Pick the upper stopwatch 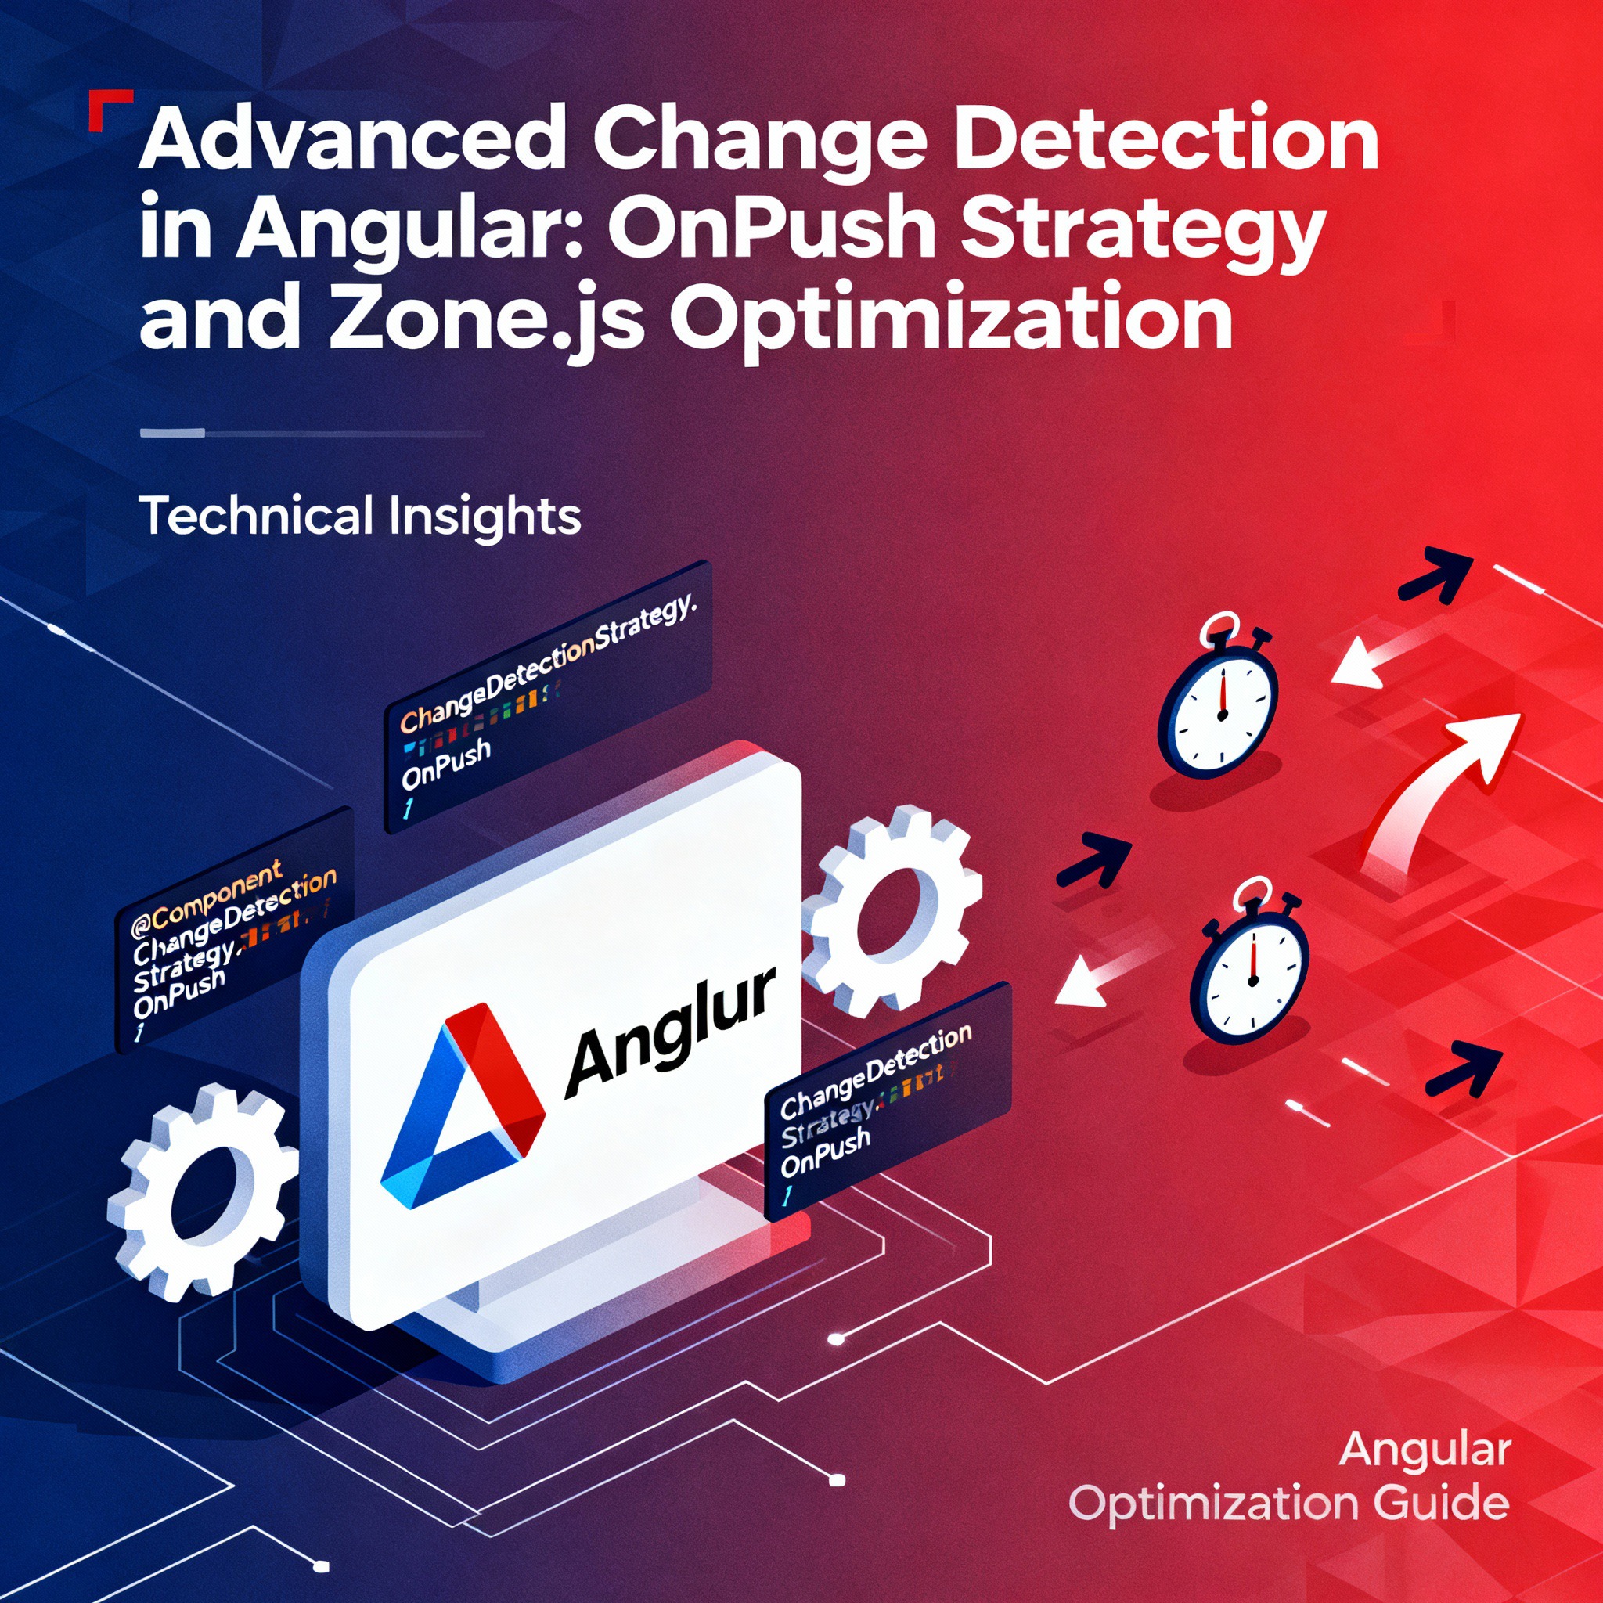1218,705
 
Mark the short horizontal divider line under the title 312,432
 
